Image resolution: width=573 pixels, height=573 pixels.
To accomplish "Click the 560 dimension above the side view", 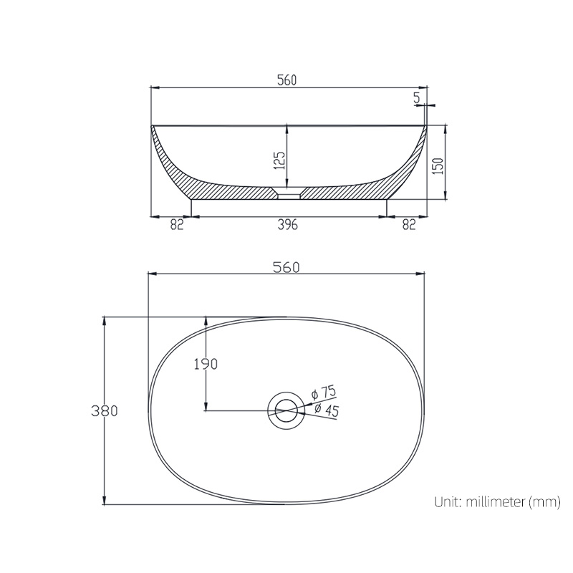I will (286, 80).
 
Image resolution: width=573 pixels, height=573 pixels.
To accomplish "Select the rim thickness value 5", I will (417, 97).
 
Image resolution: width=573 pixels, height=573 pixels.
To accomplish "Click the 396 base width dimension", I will (287, 224).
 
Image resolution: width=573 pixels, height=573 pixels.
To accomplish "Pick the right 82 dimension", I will (408, 224).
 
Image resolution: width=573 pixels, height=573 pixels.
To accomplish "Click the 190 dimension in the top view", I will (206, 364).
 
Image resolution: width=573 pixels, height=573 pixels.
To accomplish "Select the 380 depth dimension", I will (105, 411).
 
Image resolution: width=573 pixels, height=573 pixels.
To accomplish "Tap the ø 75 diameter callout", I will (324, 393).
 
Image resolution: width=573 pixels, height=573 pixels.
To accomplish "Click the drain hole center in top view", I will (286, 410).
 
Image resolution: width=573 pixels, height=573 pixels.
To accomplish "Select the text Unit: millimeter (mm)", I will (496, 502).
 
